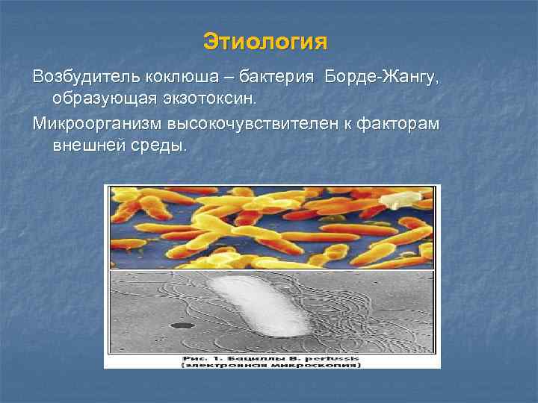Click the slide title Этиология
point(265,41)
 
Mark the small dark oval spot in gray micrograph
point(179,325)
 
